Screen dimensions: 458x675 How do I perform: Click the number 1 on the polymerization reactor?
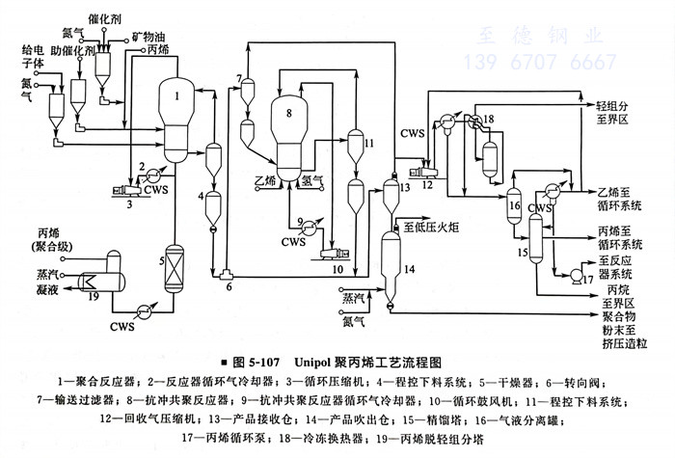pos(177,95)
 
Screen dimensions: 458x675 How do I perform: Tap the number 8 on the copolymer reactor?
pos(287,114)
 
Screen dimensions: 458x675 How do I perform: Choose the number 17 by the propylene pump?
pos(585,279)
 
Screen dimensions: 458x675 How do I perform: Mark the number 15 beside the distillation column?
pos(524,253)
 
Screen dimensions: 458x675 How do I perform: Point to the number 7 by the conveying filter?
pos(237,77)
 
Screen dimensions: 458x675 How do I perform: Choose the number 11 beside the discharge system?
pos(368,143)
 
